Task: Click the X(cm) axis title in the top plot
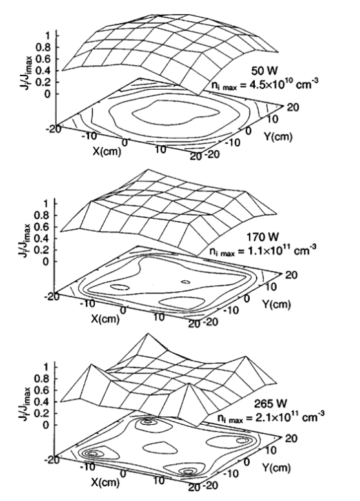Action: pyautogui.click(x=107, y=151)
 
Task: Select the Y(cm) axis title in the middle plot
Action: pyautogui.click(x=277, y=304)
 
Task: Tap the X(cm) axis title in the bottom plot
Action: pyautogui.click(x=106, y=482)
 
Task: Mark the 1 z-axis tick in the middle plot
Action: pyautogui.click(x=47, y=203)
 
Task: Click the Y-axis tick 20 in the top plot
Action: pyautogui.click(x=293, y=107)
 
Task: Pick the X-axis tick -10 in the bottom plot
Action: pyautogui.click(x=88, y=467)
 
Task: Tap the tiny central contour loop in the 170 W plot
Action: pyautogui.click(x=185, y=281)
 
